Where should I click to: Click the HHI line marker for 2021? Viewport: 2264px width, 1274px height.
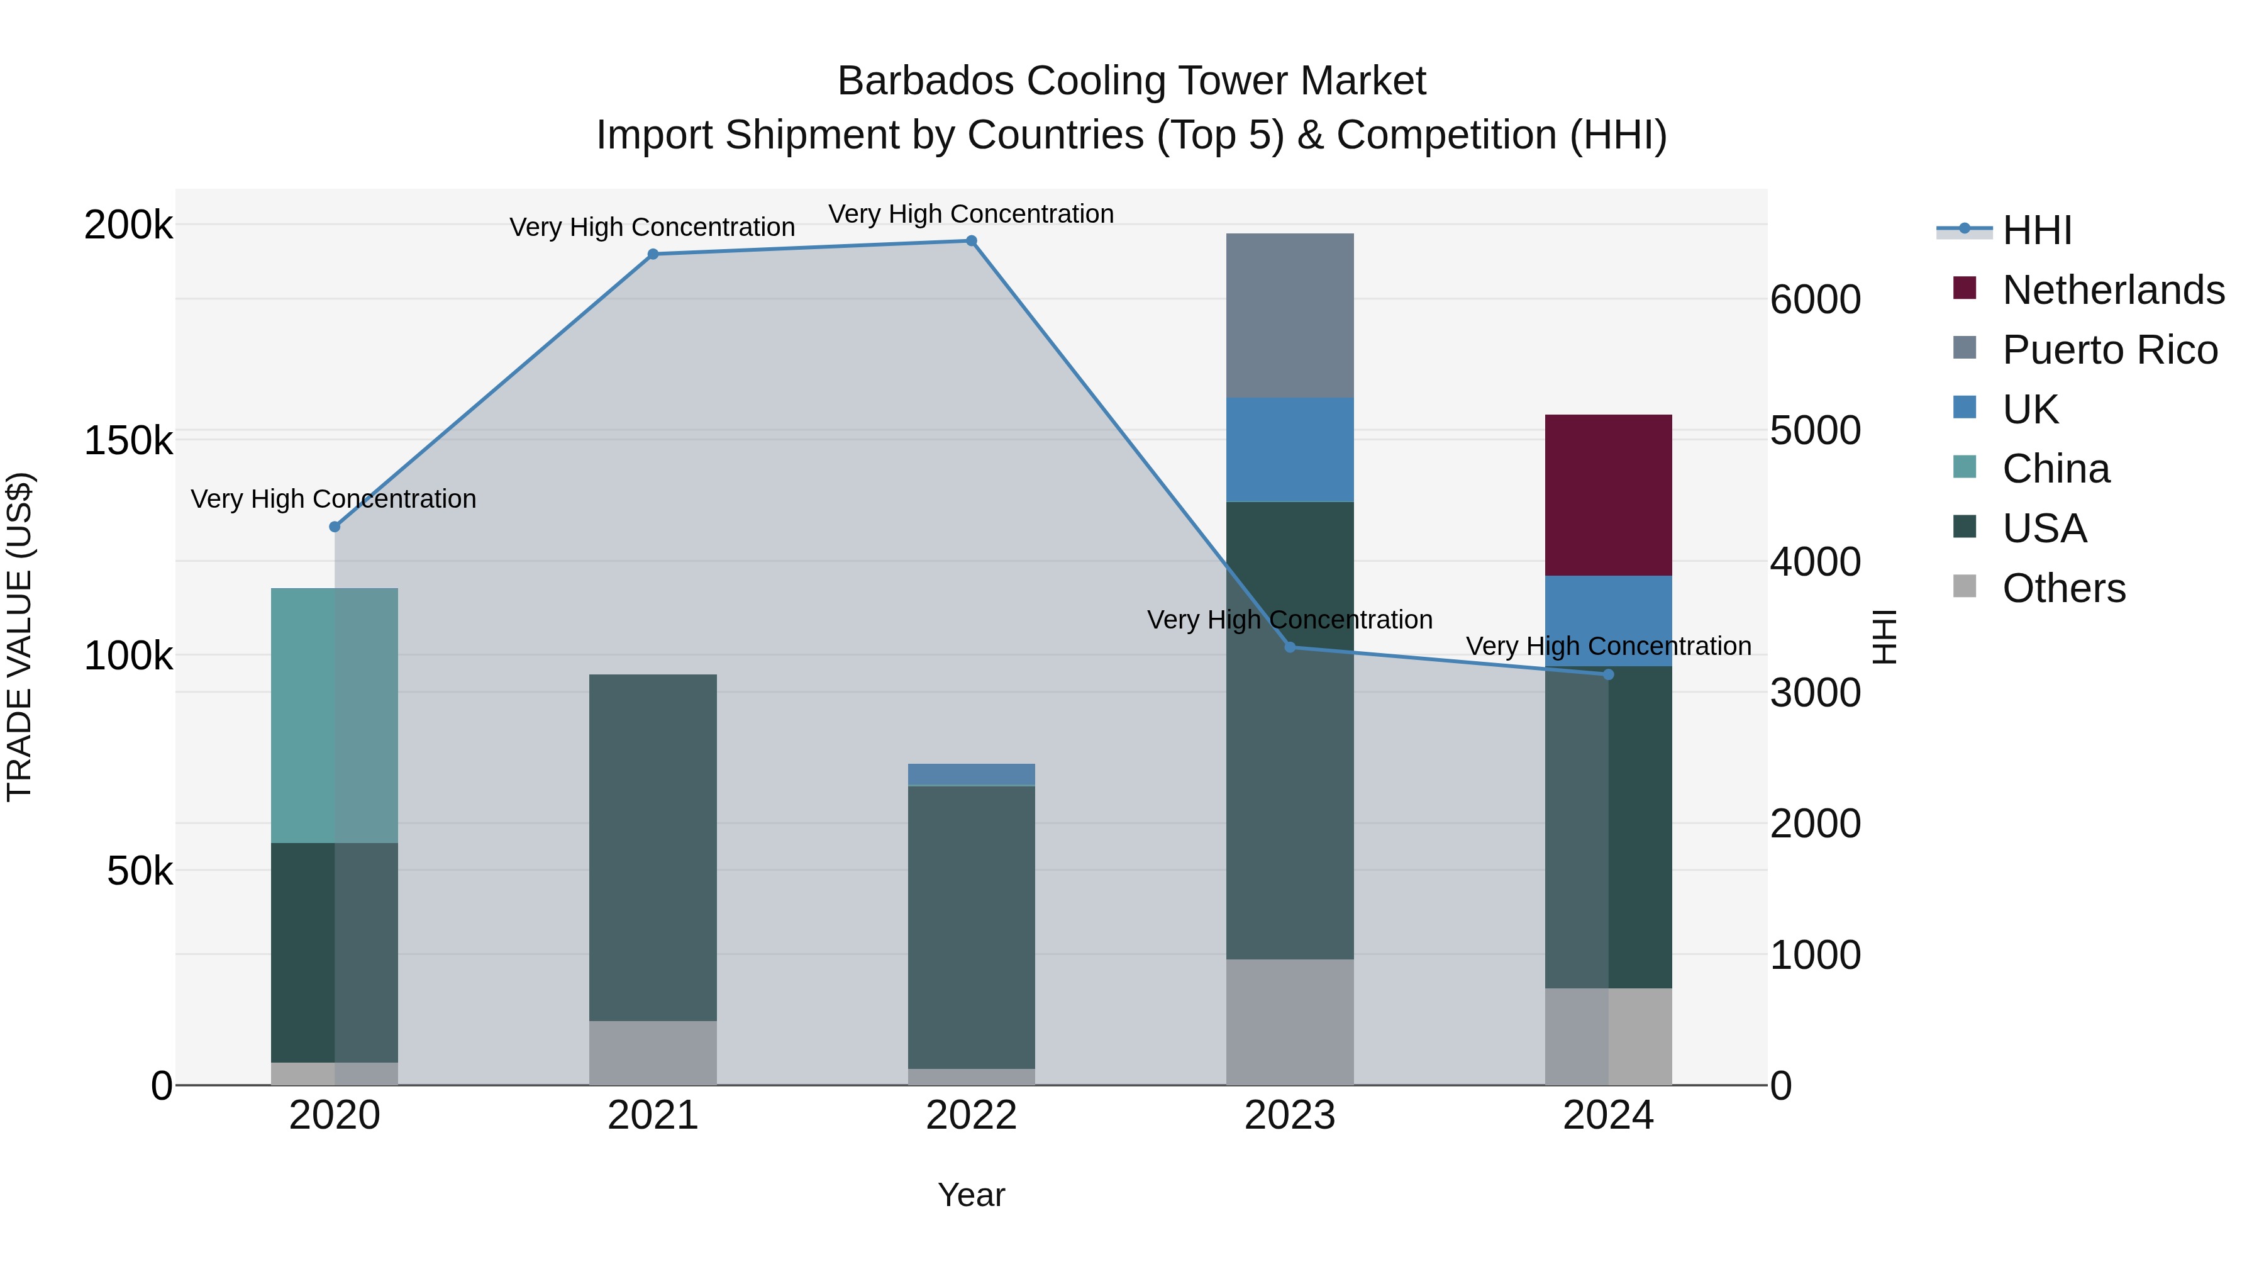pos(653,255)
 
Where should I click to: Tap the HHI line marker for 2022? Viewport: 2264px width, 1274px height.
pos(971,241)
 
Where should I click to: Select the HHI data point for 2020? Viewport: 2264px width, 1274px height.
pos(334,527)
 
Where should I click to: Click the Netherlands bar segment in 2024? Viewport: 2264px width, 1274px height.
pos(1608,495)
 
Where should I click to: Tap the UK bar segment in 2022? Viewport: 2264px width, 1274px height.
pos(971,774)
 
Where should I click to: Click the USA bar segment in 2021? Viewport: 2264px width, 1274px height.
pos(653,847)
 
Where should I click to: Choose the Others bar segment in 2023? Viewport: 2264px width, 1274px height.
pos(1289,1021)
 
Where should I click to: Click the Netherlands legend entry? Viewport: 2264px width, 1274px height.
pos(2113,290)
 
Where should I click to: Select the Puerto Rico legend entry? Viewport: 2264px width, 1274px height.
pos(2109,350)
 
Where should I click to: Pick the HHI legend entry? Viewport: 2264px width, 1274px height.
pos(2036,230)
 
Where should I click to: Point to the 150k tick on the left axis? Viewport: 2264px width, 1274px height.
pos(128,440)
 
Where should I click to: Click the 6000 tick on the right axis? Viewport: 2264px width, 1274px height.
pos(1815,300)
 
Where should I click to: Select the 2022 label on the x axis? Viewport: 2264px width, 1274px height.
pos(971,1115)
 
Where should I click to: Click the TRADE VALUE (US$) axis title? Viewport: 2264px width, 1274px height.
pos(19,637)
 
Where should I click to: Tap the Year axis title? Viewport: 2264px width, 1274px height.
pos(971,1195)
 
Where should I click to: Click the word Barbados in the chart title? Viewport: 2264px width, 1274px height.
pos(926,81)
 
